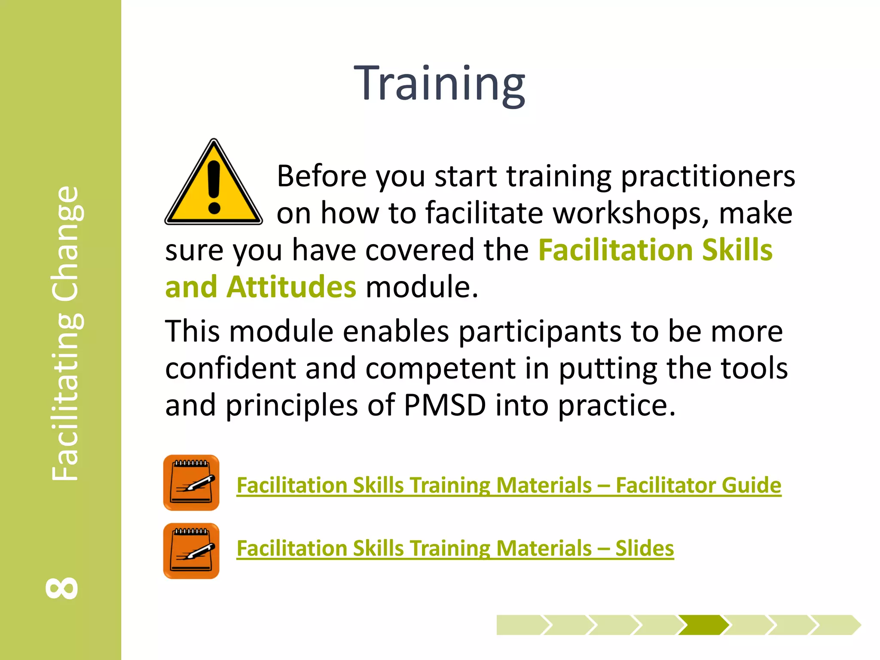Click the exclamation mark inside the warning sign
coord(214,187)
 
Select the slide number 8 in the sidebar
coord(62,588)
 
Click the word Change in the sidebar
coord(65,243)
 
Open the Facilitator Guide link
coord(509,485)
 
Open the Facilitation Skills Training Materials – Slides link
coord(455,548)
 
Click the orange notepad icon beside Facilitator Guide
coord(191,483)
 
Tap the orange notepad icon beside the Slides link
coord(191,551)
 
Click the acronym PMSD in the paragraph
coord(445,405)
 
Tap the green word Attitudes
coord(291,287)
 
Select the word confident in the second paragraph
coord(230,368)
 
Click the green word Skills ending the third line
coord(737,250)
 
